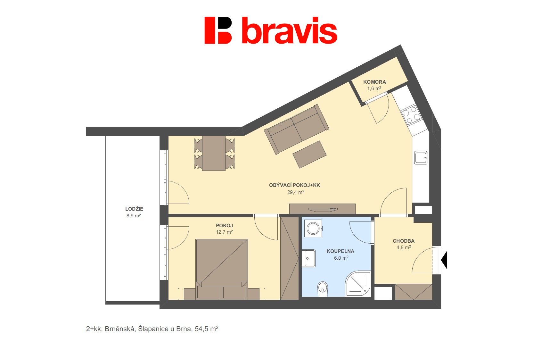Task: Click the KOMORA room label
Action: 374,82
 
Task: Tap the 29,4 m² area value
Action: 295,192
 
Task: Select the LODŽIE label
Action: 134,209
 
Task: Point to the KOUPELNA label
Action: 341,251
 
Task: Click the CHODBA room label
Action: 403,241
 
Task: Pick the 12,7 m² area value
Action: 224,232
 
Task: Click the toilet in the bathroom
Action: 323,289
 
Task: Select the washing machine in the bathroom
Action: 313,228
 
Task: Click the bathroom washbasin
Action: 308,258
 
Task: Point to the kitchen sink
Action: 421,158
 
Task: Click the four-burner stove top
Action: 411,115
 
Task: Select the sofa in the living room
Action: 296,129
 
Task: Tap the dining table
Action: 214,153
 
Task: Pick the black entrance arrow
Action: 444,260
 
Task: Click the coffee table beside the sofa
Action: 309,155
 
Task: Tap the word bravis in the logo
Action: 289,30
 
